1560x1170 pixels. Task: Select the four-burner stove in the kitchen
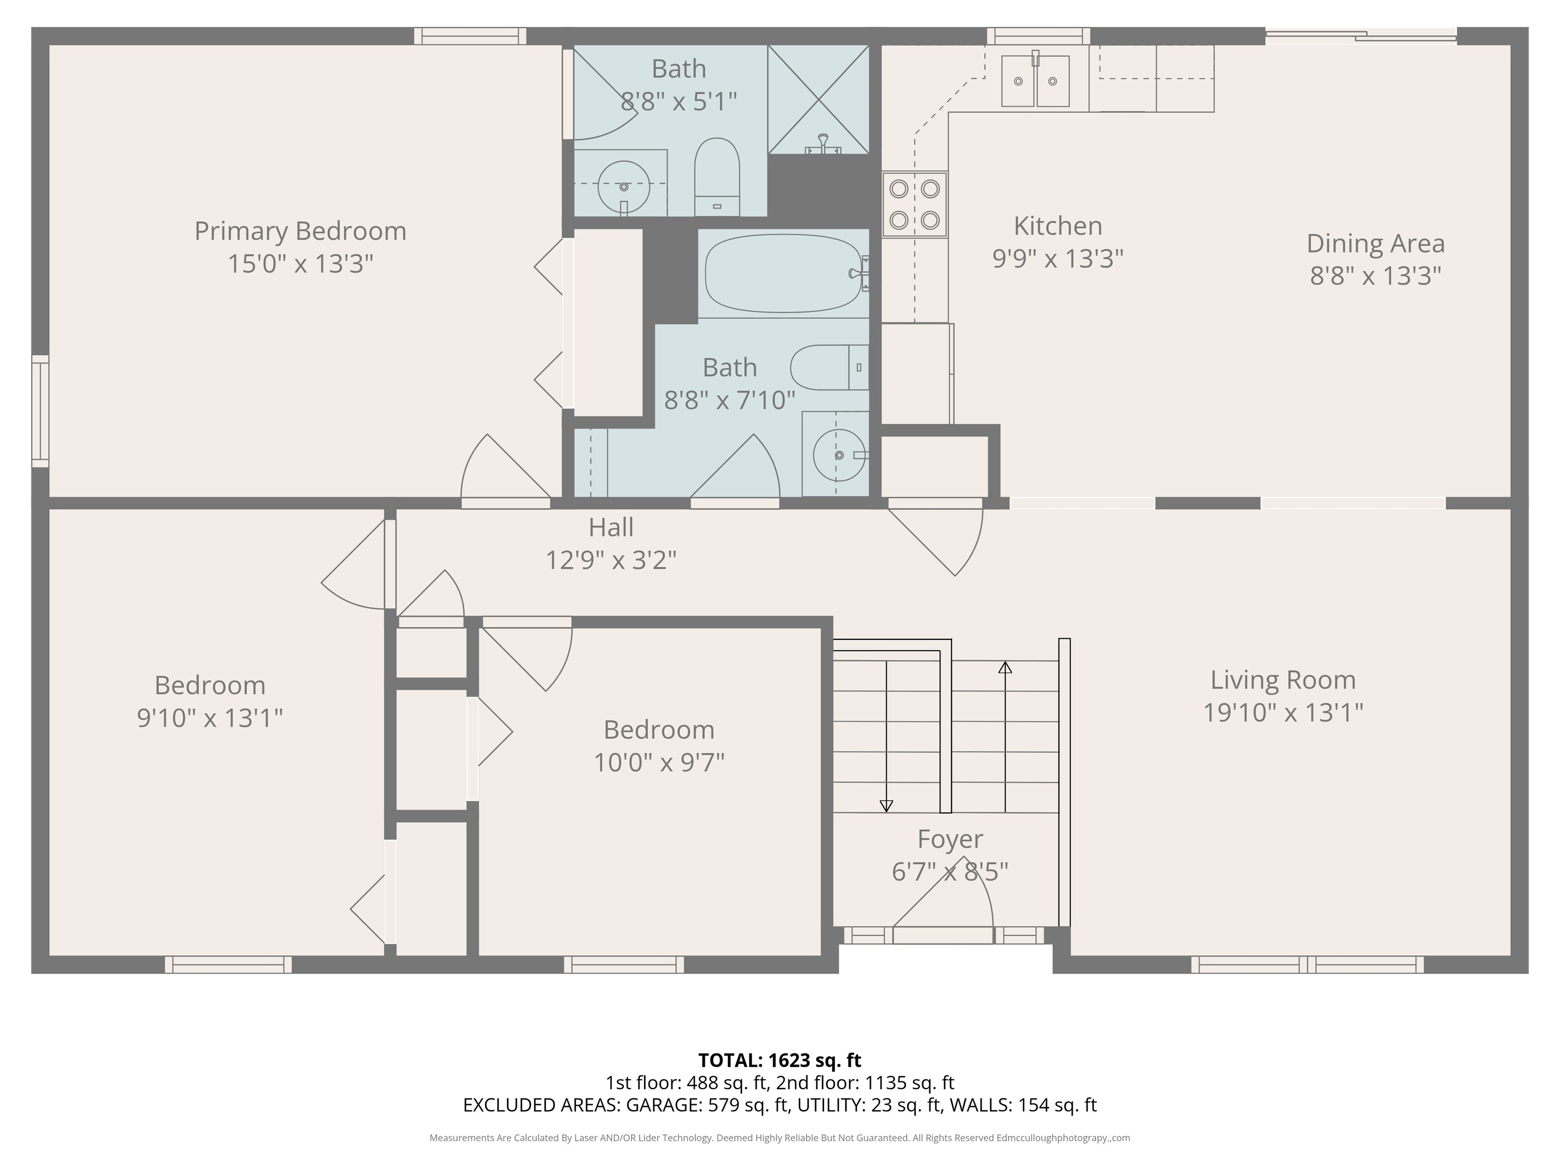click(x=914, y=205)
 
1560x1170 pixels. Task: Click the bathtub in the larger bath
click(x=783, y=273)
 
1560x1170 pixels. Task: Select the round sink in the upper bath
click(x=624, y=186)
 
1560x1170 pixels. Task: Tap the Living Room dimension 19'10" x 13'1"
click(x=1282, y=713)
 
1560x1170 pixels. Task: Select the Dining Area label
click(x=1375, y=243)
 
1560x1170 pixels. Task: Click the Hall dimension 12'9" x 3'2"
click(x=611, y=560)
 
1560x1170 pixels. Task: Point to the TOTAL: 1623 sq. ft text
click(x=779, y=1060)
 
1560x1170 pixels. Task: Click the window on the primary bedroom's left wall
click(x=40, y=411)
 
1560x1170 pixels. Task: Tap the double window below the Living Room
click(x=1307, y=964)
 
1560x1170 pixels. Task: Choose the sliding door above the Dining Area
click(x=1360, y=36)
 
